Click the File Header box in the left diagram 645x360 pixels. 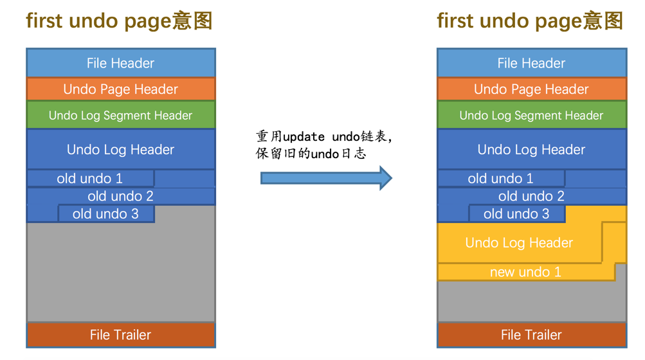point(121,63)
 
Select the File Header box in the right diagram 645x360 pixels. point(531,63)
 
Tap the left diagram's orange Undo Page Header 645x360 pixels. point(121,89)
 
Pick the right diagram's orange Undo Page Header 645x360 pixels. point(531,89)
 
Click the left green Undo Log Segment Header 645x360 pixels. point(121,116)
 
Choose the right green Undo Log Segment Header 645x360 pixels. point(531,116)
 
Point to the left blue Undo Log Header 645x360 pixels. point(121,150)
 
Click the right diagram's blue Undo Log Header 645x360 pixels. point(531,150)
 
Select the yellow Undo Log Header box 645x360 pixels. point(519,243)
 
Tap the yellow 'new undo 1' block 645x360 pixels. point(525,272)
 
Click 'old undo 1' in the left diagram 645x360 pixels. point(90,179)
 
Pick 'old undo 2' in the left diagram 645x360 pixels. point(121,196)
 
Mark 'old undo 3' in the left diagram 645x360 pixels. point(105,213)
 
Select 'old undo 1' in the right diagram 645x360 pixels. point(500,179)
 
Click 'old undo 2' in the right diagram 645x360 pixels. point(531,196)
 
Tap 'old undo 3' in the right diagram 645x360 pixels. point(516,213)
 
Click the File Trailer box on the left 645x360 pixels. point(121,335)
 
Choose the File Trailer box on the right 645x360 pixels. point(531,335)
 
